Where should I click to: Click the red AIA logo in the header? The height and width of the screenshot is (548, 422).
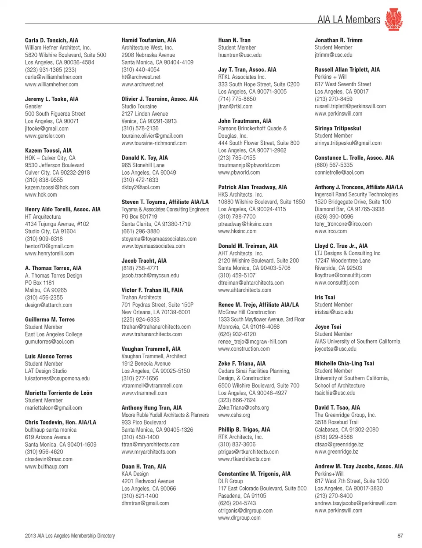coord(393,19)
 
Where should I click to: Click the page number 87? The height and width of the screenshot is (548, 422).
coord(400,536)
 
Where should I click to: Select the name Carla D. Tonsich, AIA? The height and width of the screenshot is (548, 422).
coord(51,40)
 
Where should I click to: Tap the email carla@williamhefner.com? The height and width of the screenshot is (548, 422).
coord(53,77)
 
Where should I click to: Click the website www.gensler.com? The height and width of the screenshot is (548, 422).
coord(45,136)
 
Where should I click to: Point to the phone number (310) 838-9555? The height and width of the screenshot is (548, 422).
coord(44,180)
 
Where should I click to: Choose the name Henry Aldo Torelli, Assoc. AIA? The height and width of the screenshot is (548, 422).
coord(62,210)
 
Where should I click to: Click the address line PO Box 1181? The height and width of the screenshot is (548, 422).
coord(40,283)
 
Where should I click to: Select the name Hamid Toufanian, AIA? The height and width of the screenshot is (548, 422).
coord(149,40)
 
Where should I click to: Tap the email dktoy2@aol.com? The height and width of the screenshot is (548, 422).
coord(141,188)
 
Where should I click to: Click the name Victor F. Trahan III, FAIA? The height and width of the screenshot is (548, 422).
coord(152,290)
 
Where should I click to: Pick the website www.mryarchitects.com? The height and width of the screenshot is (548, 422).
coord(149,452)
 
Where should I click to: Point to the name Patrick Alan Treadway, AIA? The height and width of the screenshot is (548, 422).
coord(252,188)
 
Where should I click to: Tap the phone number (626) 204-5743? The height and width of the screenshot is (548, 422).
coord(237,503)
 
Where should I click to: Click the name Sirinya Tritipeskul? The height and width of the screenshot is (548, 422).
coord(338,129)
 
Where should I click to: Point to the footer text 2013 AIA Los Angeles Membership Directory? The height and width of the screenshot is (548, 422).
coord(70,536)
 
